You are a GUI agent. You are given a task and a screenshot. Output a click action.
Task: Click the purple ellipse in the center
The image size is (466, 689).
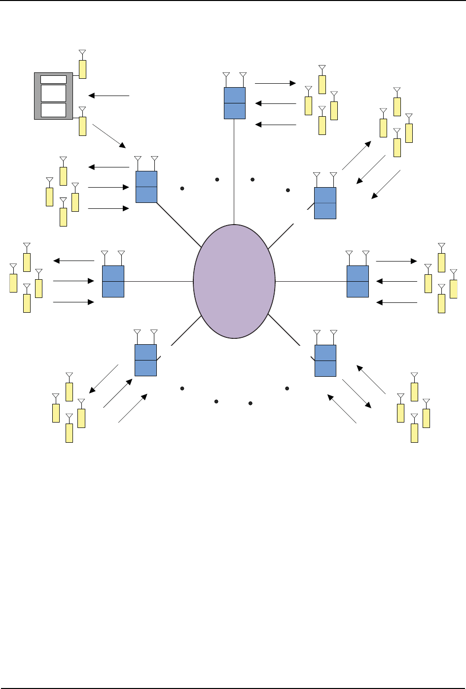(234, 281)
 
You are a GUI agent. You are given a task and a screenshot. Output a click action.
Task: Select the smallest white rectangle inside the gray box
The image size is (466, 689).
(53, 80)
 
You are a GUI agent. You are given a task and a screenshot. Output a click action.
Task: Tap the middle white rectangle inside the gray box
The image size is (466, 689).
(53, 93)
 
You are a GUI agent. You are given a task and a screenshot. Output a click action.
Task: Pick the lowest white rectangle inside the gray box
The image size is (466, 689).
(53, 110)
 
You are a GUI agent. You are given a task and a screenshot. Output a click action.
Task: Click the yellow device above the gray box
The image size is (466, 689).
(82, 69)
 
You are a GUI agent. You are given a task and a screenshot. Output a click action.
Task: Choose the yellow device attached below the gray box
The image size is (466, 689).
(82, 126)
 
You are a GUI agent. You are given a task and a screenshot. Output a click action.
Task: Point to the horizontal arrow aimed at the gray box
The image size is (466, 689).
(108, 96)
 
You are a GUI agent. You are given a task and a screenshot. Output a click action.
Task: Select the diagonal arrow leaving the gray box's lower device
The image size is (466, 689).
(108, 136)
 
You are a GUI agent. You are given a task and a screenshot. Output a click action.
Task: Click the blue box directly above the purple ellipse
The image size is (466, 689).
(235, 103)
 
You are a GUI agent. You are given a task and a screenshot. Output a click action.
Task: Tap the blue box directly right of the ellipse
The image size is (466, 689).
(358, 281)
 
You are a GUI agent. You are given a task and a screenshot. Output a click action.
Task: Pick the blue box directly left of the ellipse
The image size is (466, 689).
(113, 281)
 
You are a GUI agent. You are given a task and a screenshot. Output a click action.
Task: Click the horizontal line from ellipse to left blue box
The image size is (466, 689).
(158, 281)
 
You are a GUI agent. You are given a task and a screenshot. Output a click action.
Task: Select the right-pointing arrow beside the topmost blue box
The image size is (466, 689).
(275, 84)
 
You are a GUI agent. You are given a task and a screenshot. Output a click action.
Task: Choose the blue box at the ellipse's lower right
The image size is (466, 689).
(325, 361)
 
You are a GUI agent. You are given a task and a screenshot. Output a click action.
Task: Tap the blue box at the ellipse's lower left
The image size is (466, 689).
(145, 360)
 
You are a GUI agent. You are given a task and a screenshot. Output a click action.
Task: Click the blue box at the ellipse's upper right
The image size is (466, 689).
(325, 203)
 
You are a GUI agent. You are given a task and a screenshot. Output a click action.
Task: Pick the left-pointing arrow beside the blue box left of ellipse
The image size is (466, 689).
(73, 261)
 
